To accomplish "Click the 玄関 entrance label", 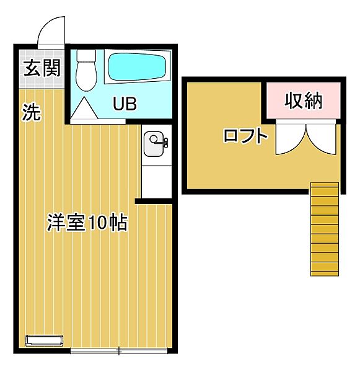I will [39, 67].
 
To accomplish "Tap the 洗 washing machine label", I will [32, 112].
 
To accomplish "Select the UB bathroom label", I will [124, 104].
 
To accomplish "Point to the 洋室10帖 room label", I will [87, 223].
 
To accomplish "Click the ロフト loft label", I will [245, 136].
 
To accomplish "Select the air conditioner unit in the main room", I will [45, 340].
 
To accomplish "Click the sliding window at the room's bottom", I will [118, 352].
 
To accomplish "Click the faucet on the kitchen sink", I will [164, 144].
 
